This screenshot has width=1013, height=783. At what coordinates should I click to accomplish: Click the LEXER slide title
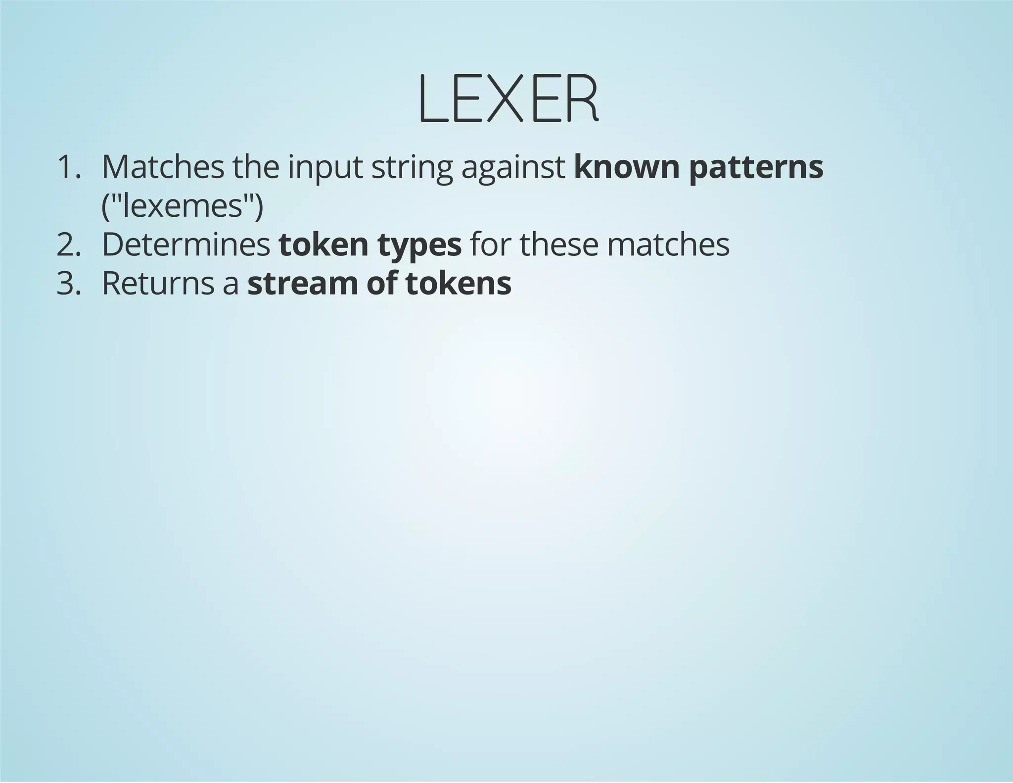tap(508, 99)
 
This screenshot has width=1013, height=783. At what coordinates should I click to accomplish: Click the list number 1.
tap(68, 167)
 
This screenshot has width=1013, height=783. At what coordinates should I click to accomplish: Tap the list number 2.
tap(68, 245)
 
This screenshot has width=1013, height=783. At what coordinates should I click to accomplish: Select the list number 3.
tap(68, 283)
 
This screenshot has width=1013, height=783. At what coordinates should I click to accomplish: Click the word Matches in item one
tap(163, 167)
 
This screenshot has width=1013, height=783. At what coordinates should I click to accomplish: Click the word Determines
tap(186, 245)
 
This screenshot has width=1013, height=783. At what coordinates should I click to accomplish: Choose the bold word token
tap(323, 245)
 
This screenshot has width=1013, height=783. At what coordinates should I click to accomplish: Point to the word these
tap(559, 245)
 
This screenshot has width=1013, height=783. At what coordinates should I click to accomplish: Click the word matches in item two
tap(668, 245)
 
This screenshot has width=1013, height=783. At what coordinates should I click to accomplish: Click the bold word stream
tap(302, 284)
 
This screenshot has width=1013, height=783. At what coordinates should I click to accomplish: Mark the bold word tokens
tap(458, 283)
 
